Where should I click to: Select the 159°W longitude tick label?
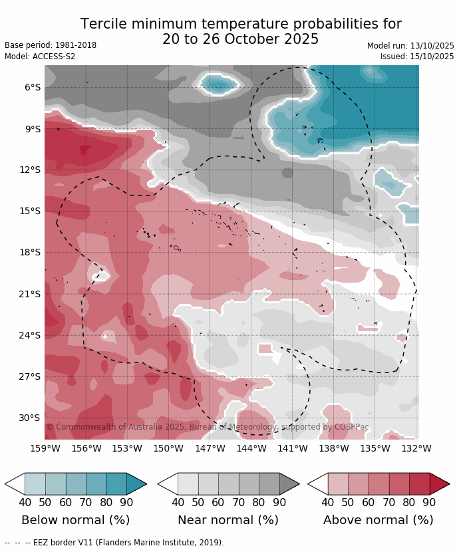point(45,448)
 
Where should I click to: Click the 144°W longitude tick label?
point(251,448)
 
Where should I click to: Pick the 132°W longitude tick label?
point(416,448)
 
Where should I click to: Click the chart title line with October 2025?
point(241,40)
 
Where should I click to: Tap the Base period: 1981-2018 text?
point(51,45)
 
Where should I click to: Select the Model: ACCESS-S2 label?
point(40,57)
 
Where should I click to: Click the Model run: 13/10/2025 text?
point(410,45)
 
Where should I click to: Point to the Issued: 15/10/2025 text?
point(417,57)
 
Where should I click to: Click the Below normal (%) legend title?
point(76,520)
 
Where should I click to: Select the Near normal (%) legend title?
point(228,520)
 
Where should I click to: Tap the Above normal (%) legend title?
point(379,520)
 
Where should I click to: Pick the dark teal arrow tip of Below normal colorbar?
point(136,483)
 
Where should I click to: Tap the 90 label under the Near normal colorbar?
point(279,502)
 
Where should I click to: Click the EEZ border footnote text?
point(114,543)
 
